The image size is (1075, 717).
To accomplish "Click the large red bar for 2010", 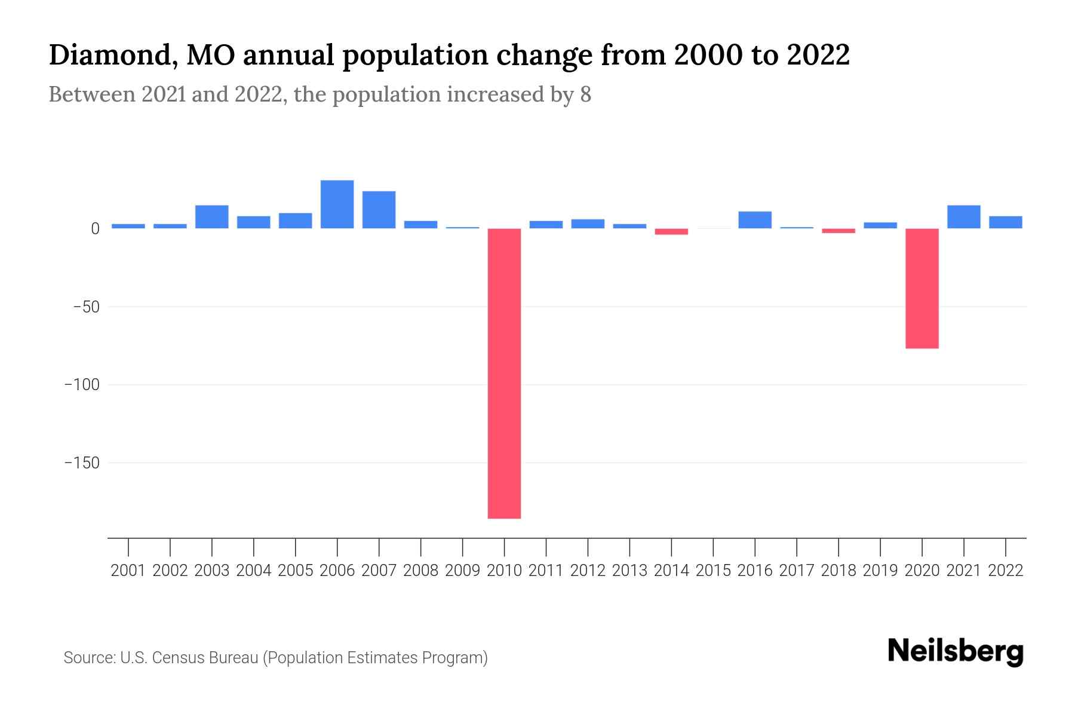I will point(504,373).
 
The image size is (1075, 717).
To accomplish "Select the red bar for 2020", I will point(922,289).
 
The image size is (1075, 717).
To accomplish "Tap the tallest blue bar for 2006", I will point(337,204).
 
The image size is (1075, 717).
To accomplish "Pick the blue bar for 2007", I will point(379,210).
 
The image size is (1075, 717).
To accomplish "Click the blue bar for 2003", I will point(211,217).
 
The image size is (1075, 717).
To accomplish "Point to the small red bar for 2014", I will point(671,232).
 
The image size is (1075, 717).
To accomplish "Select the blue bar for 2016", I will point(754,220).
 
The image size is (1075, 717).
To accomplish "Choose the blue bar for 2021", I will point(963,217).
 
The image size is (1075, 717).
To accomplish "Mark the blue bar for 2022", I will point(1005,222).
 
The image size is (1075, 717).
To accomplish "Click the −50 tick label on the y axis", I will point(86,307).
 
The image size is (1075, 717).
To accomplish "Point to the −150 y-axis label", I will point(82,463).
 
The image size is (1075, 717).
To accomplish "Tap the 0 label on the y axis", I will point(95,229).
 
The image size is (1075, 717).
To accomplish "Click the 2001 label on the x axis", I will point(128,571).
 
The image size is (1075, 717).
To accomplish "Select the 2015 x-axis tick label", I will point(713,571).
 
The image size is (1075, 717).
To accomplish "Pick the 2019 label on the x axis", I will point(880,571).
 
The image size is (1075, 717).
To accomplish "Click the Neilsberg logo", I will point(956,651).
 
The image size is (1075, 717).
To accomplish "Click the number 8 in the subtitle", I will point(585,94).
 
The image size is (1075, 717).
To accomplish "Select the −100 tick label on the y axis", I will point(82,385).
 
